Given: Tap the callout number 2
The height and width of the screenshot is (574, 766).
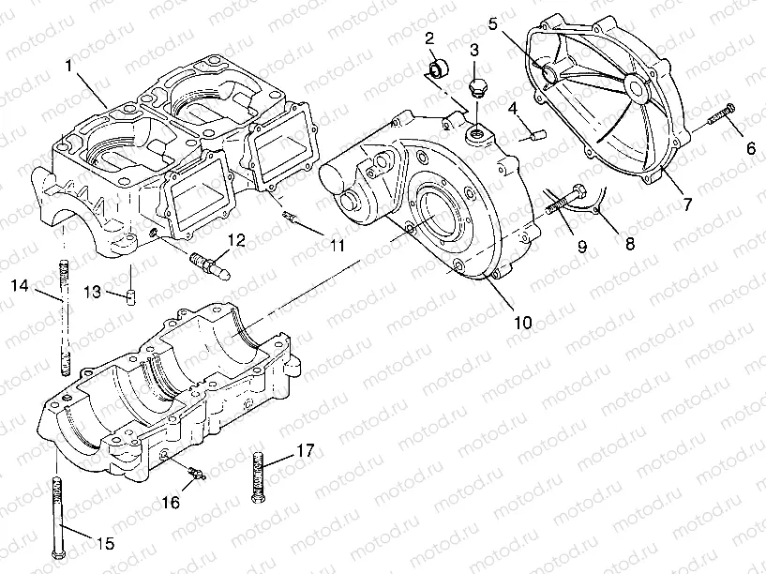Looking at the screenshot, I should [x=428, y=38].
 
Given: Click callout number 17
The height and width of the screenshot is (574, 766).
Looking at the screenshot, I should [x=305, y=450].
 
